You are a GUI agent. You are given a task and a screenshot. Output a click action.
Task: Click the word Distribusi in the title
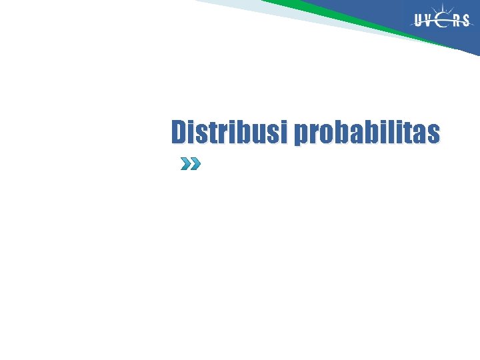(x=229, y=132)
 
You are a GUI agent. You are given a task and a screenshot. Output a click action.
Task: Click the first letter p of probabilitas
(x=301, y=135)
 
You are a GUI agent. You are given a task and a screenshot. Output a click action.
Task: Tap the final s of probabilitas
(x=434, y=133)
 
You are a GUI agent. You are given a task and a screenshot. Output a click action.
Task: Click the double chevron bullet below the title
(x=190, y=164)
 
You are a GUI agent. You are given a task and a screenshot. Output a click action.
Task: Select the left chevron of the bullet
(x=185, y=164)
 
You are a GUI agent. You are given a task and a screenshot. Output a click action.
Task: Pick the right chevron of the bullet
(x=195, y=164)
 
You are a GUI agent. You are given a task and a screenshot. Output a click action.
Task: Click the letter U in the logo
(x=419, y=21)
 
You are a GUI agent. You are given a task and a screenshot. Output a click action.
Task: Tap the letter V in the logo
(x=431, y=21)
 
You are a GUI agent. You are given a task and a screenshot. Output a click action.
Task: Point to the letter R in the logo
(x=456, y=21)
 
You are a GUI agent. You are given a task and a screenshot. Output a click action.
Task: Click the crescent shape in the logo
(x=443, y=21)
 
